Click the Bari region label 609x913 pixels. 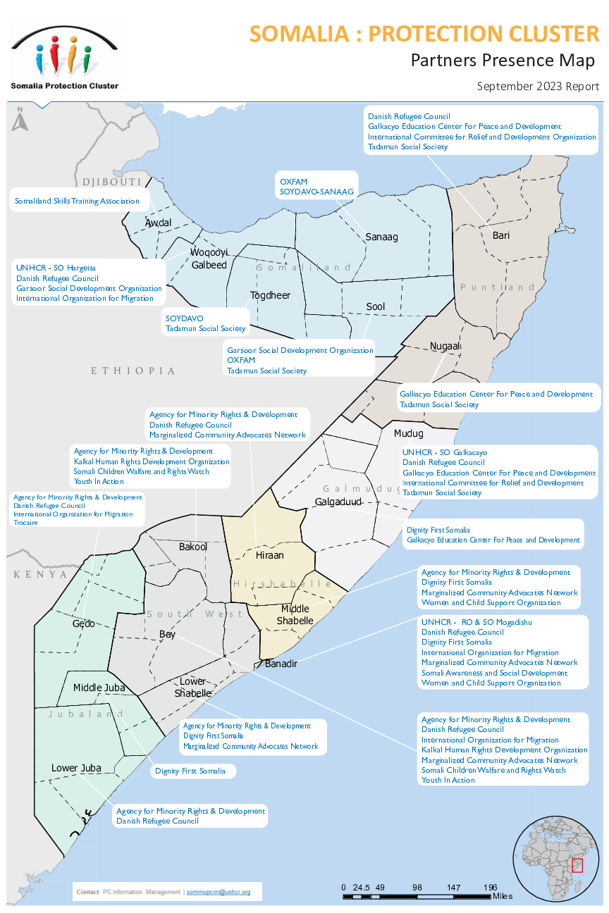tap(500, 235)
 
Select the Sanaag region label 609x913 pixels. tap(381, 237)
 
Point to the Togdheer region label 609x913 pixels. tap(270, 295)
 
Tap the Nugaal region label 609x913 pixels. tap(445, 347)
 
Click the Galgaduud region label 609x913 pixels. tap(338, 502)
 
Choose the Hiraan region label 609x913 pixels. tap(269, 555)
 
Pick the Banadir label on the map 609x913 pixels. tap(281, 664)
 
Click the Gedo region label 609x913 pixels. tap(83, 623)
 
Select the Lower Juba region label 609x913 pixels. tap(76, 768)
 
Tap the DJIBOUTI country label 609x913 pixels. tap(112, 182)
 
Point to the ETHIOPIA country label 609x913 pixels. tap(133, 371)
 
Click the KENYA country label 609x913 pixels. tap(41, 575)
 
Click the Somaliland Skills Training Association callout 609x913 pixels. tap(77, 201)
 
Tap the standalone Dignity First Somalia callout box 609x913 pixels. tap(190, 771)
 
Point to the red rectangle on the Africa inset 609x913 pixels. tap(577, 865)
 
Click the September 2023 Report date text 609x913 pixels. tap(538, 87)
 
